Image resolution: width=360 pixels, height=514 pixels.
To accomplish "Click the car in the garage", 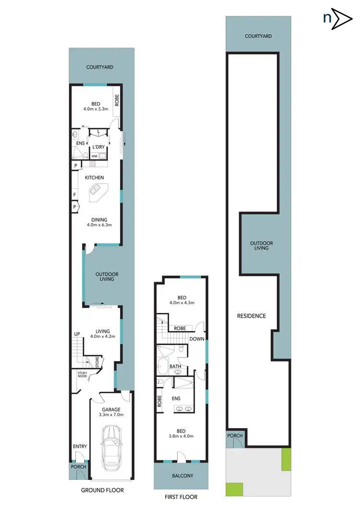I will [x=111, y=450].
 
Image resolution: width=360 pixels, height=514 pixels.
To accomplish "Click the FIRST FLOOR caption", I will [x=181, y=497].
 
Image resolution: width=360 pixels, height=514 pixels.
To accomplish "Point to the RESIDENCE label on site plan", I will [x=252, y=316].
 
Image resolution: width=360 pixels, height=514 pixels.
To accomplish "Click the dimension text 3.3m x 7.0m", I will [x=110, y=415].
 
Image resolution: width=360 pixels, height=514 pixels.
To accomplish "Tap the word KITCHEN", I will [x=95, y=178].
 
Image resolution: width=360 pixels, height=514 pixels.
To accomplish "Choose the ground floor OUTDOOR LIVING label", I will [x=107, y=276].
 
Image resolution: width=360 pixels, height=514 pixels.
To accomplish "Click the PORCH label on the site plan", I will [x=235, y=436].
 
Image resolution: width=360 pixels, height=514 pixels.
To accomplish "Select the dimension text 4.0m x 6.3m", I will [x=99, y=225].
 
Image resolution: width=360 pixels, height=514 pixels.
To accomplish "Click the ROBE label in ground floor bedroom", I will [x=117, y=99].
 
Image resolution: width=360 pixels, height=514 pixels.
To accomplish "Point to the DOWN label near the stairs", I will [x=197, y=338].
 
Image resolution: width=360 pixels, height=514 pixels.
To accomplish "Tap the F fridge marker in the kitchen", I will [x=74, y=194].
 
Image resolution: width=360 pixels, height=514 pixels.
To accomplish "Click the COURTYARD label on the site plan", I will [x=258, y=36].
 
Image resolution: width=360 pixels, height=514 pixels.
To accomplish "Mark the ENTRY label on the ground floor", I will [x=80, y=446].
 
